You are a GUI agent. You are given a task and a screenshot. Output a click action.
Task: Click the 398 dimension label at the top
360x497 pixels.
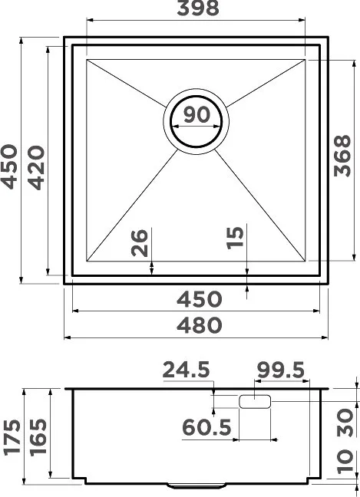[197, 8]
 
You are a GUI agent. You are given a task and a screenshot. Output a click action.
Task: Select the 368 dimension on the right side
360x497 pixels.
[342, 156]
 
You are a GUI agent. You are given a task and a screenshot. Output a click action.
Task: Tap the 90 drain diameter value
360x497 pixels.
[197, 114]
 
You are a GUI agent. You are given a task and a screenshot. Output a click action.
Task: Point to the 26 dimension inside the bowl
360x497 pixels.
[140, 242]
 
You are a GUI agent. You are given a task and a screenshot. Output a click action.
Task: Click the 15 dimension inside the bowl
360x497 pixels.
[236, 238]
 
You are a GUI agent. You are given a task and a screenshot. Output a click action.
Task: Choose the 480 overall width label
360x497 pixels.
[199, 325]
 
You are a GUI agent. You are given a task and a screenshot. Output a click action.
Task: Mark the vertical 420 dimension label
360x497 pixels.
[36, 167]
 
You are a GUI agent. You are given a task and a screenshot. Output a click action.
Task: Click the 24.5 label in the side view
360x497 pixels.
[187, 370]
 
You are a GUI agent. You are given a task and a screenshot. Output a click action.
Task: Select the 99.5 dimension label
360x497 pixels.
[281, 370]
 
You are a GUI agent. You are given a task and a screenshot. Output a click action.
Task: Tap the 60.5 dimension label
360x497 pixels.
[206, 427]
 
